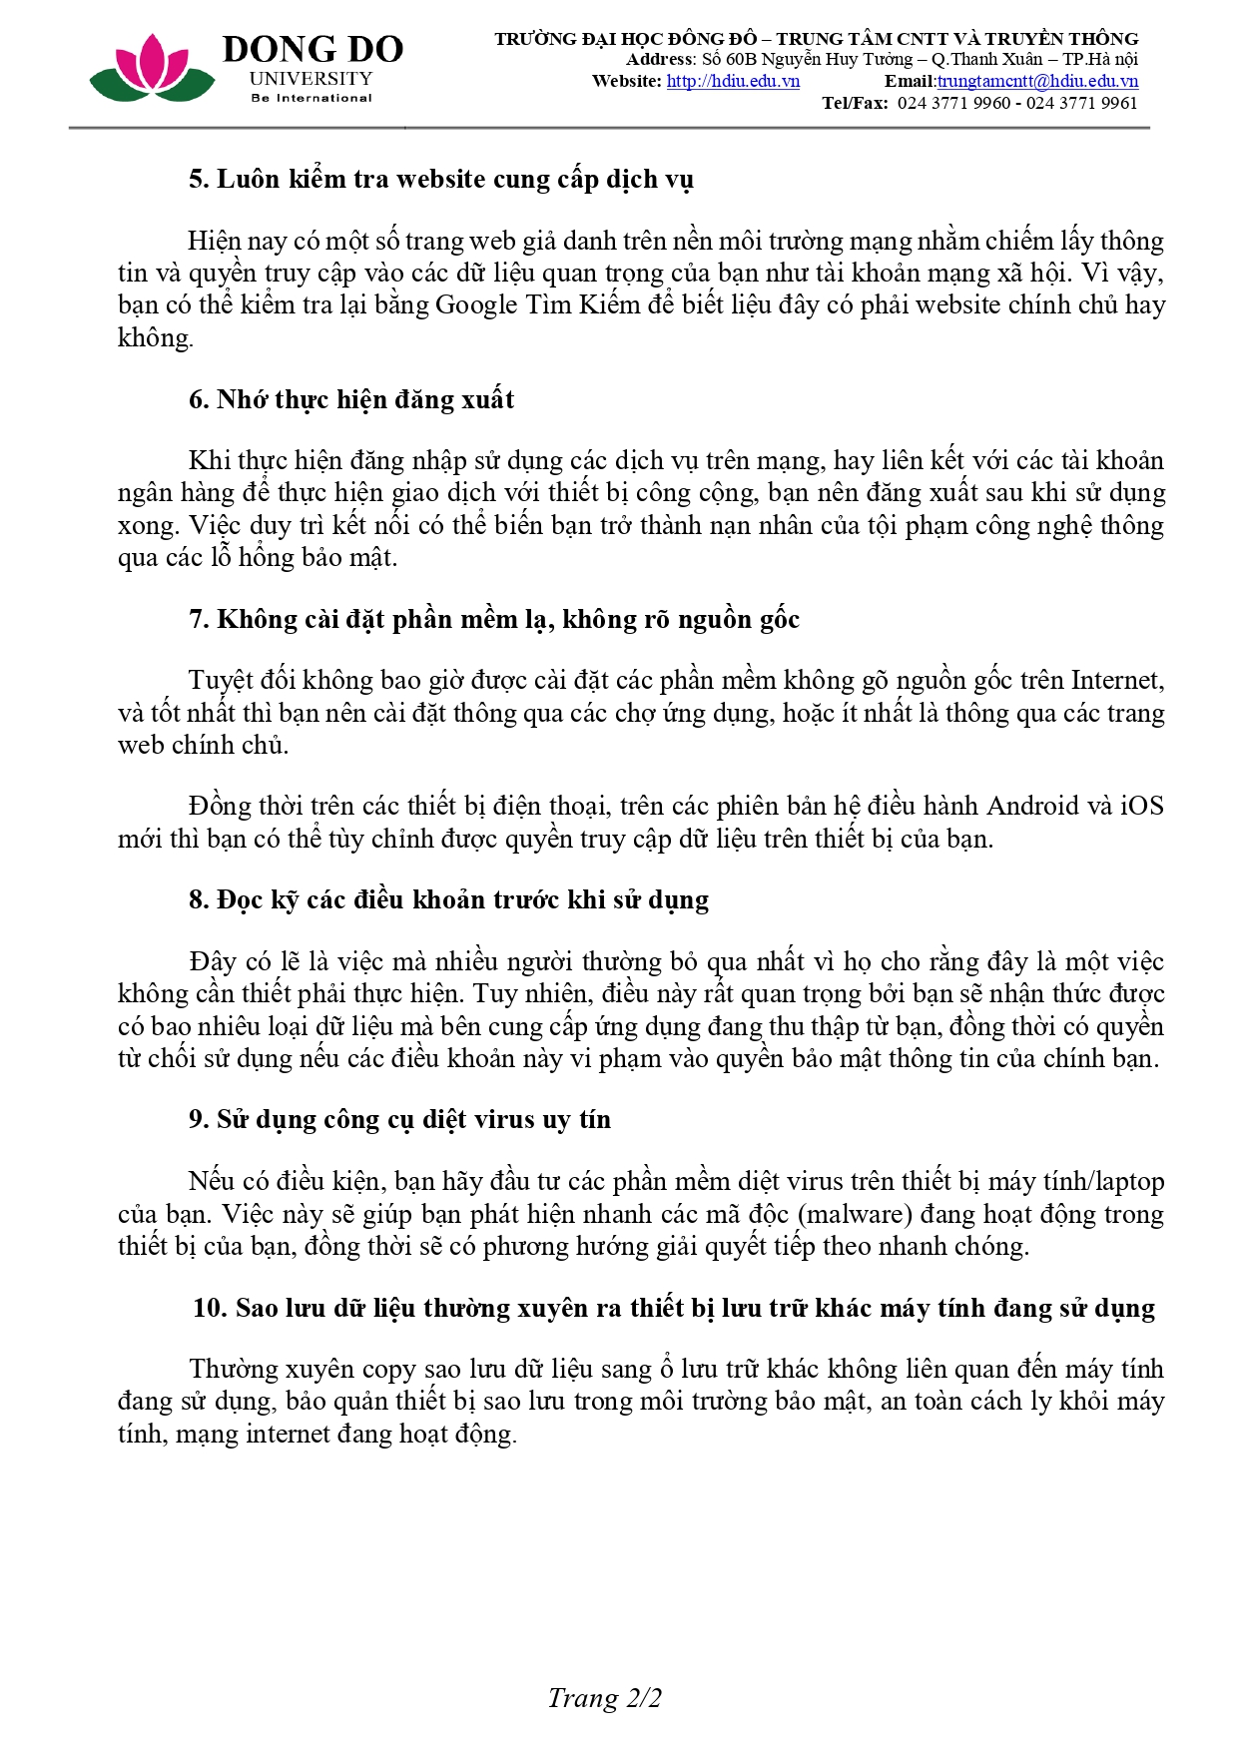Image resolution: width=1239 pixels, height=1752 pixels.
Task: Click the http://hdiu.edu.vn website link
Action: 733,82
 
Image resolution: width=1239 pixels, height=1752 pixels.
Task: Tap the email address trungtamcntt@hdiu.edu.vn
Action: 1037,82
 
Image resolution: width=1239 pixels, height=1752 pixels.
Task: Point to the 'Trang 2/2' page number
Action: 604,1698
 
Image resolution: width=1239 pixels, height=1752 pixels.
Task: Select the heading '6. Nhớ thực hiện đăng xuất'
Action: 351,400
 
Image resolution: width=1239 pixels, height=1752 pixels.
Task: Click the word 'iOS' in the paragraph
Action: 1141,807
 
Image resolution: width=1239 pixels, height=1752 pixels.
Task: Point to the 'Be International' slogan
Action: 311,99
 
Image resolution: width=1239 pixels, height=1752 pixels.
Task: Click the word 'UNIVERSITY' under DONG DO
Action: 311,79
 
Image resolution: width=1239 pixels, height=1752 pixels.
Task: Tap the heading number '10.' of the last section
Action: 210,1309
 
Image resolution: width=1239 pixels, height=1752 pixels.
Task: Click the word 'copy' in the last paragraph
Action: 389,1370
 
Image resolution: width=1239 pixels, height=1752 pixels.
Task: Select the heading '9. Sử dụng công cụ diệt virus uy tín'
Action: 399,1120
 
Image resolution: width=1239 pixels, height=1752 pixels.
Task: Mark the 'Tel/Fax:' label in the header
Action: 855,104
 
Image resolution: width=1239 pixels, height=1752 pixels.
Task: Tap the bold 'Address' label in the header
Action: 659,60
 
